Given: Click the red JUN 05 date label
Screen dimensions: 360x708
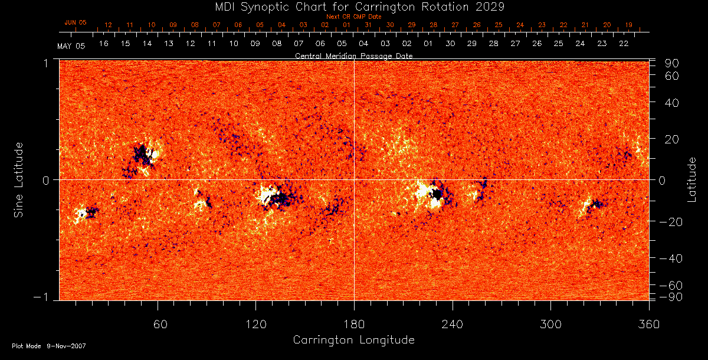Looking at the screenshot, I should (75, 22).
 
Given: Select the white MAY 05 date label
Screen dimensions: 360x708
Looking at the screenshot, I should (71, 46).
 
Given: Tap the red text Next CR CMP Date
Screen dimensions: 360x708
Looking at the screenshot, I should (353, 17).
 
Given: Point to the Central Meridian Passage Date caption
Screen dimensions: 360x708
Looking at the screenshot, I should (353, 55).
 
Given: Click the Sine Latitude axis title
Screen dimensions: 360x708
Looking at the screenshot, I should (19, 179).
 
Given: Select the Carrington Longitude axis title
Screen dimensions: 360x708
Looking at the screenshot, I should (353, 340).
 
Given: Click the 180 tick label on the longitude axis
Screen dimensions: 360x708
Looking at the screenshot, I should (353, 323).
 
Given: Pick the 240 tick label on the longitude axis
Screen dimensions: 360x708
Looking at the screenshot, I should (452, 323).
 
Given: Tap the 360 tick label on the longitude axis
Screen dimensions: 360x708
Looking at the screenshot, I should (648, 323).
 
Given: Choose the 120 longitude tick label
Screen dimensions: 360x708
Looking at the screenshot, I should (255, 323).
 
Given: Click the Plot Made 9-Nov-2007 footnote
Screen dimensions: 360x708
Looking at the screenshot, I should (49, 346).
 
